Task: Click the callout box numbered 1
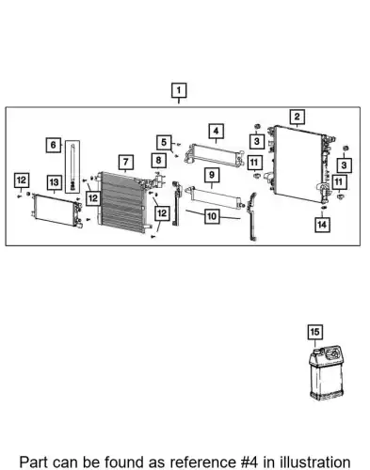coord(179,90)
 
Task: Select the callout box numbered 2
coord(297,117)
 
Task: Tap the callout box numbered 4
coord(216,132)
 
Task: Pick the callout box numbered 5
coord(164,143)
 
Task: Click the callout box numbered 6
coord(54,145)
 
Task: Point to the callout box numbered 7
coord(126,162)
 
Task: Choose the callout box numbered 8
coord(158,161)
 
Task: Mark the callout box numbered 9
coord(212,175)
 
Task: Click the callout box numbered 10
coord(212,216)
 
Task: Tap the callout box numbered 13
coord(54,182)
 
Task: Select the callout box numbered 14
coord(322,225)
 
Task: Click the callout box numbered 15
coord(314,332)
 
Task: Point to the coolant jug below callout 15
coord(325,373)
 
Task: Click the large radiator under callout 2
coord(298,164)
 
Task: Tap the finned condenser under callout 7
coord(122,202)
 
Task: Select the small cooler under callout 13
coord(56,210)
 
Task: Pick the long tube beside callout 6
coord(72,166)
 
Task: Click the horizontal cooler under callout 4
coord(215,155)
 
